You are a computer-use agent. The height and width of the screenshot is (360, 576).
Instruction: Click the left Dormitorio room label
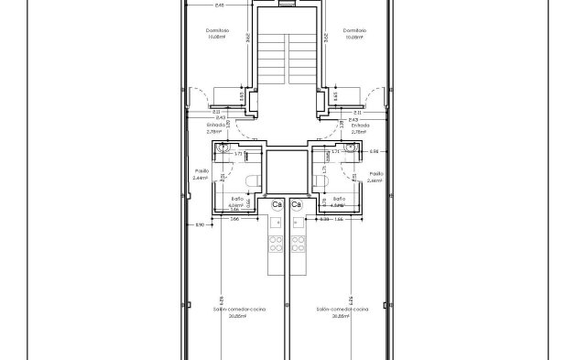[x=216, y=30]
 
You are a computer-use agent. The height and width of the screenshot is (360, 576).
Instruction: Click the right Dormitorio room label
[x=355, y=30]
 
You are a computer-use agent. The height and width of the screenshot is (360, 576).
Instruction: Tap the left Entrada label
[x=215, y=125]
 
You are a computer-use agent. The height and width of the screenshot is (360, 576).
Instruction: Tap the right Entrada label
[x=360, y=125]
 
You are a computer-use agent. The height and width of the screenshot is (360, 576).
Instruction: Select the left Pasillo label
[x=202, y=172]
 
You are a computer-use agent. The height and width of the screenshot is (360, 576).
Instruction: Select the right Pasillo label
[x=375, y=172]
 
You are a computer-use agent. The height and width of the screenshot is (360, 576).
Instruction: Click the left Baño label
[x=236, y=199]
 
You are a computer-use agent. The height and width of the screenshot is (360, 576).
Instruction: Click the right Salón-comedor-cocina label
[x=342, y=310]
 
